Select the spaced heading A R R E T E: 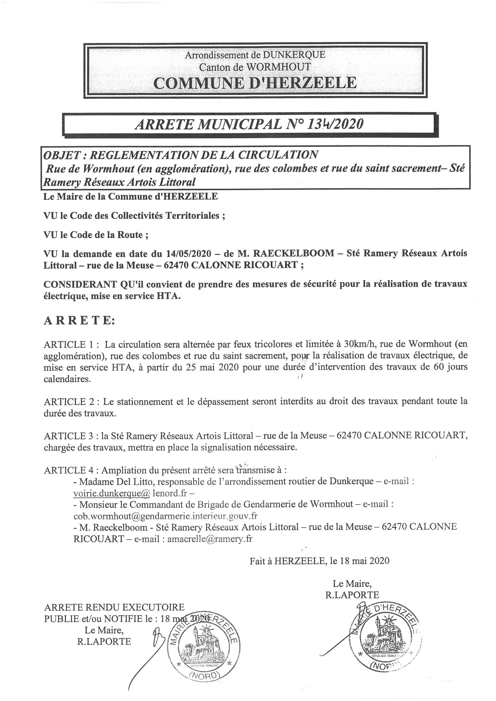pyautogui.click(x=79, y=321)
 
